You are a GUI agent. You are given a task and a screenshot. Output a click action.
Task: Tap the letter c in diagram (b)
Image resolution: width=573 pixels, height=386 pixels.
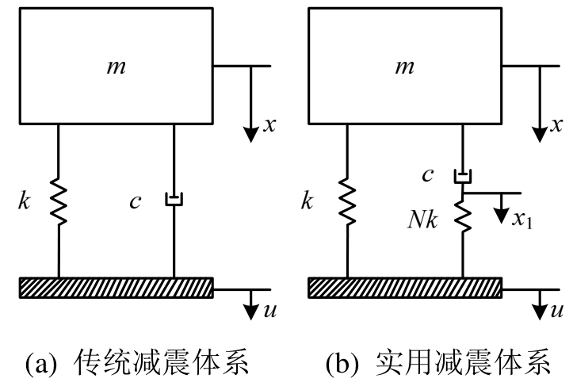pyautogui.click(x=428, y=175)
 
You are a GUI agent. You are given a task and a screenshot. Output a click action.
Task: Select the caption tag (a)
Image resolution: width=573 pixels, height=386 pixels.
pyautogui.click(x=46, y=365)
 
